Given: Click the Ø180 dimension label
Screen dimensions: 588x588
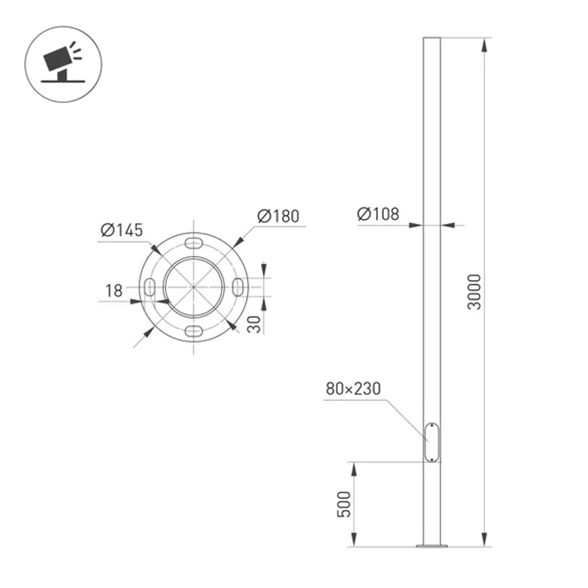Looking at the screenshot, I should [x=278, y=216].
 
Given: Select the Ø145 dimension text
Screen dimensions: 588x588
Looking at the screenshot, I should [x=122, y=230].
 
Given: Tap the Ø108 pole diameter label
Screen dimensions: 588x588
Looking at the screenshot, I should [x=377, y=214].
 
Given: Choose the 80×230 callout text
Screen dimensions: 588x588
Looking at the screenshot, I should [x=353, y=389].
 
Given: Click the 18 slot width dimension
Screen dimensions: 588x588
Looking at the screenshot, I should [x=114, y=290].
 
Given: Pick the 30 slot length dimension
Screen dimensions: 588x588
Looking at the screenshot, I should [x=254, y=323].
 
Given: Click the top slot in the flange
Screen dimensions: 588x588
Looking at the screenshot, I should [x=193, y=243].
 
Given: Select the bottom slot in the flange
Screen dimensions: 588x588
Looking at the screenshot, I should [x=193, y=331].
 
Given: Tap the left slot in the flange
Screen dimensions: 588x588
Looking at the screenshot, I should [x=149, y=287].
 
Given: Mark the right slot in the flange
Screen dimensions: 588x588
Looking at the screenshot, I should [x=238, y=286].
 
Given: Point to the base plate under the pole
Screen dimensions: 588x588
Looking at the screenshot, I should [x=432, y=546].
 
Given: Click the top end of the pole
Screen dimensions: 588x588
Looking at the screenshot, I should [x=432, y=38].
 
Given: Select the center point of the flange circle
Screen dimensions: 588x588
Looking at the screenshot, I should [x=193, y=287].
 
